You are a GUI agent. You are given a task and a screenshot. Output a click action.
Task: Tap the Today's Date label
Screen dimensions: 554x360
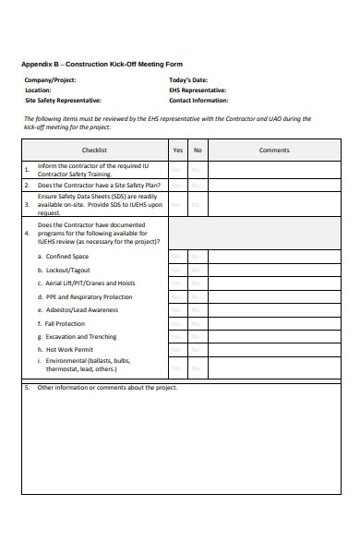pyautogui.click(x=188, y=80)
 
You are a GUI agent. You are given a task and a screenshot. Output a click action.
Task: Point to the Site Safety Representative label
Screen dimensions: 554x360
pyautogui.click(x=64, y=100)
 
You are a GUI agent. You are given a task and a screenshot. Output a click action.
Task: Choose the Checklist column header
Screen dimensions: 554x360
pyautogui.click(x=94, y=149)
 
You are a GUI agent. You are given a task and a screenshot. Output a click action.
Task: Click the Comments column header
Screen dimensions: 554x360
pyautogui.click(x=274, y=149)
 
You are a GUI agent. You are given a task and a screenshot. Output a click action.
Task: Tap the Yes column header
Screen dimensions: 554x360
pyautogui.click(x=177, y=149)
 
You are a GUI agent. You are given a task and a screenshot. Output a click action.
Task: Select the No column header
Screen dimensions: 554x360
pyautogui.click(x=198, y=149)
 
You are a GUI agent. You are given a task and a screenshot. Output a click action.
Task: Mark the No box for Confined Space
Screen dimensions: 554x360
pyautogui.click(x=198, y=256)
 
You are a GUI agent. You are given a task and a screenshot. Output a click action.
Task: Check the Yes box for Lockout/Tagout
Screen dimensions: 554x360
pyautogui.click(x=177, y=270)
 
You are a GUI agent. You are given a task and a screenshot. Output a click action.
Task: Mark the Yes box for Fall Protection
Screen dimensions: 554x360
pyautogui.click(x=177, y=324)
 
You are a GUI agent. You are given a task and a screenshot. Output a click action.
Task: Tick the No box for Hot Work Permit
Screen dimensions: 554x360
pyautogui.click(x=198, y=351)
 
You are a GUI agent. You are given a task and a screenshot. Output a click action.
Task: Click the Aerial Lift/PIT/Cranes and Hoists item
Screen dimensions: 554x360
pyautogui.click(x=90, y=283)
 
